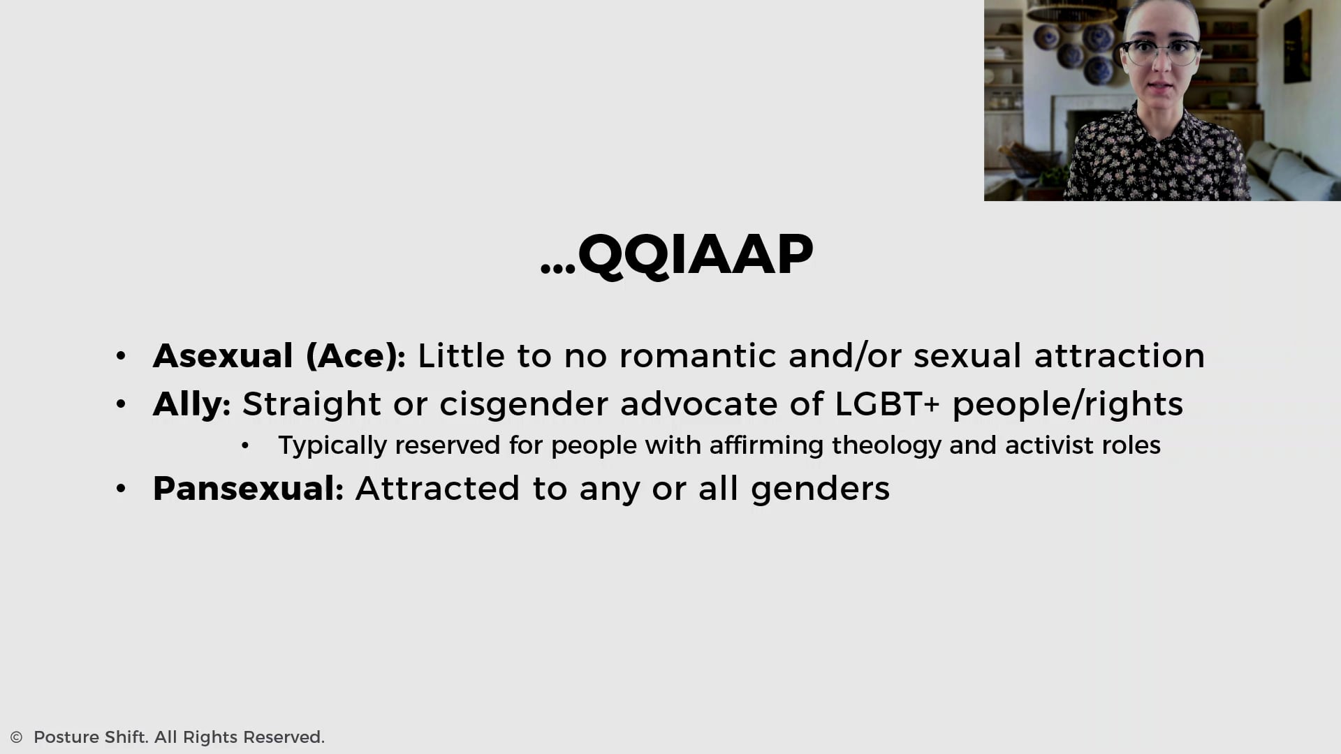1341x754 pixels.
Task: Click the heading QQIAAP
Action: (x=695, y=255)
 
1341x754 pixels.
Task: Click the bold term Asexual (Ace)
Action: (x=274, y=356)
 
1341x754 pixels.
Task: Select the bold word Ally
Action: (x=187, y=404)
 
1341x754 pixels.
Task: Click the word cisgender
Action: (x=523, y=405)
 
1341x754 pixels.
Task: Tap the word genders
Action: (x=820, y=489)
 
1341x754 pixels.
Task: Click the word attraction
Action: (x=1119, y=356)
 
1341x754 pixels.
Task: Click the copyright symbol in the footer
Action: (x=17, y=737)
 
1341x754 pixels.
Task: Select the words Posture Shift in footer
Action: (x=90, y=737)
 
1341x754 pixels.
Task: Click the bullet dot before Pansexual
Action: (x=121, y=489)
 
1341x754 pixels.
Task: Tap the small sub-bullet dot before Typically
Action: (x=244, y=446)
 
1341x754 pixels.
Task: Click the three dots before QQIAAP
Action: (x=557, y=269)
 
